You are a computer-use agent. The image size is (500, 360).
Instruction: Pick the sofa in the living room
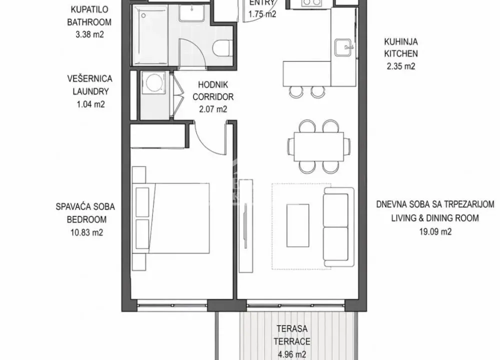338,227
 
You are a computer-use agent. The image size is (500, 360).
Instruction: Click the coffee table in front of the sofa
301,227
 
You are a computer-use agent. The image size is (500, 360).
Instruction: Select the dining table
318,146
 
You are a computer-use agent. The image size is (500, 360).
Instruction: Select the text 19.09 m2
435,231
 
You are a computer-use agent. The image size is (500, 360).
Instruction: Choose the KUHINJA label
400,42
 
